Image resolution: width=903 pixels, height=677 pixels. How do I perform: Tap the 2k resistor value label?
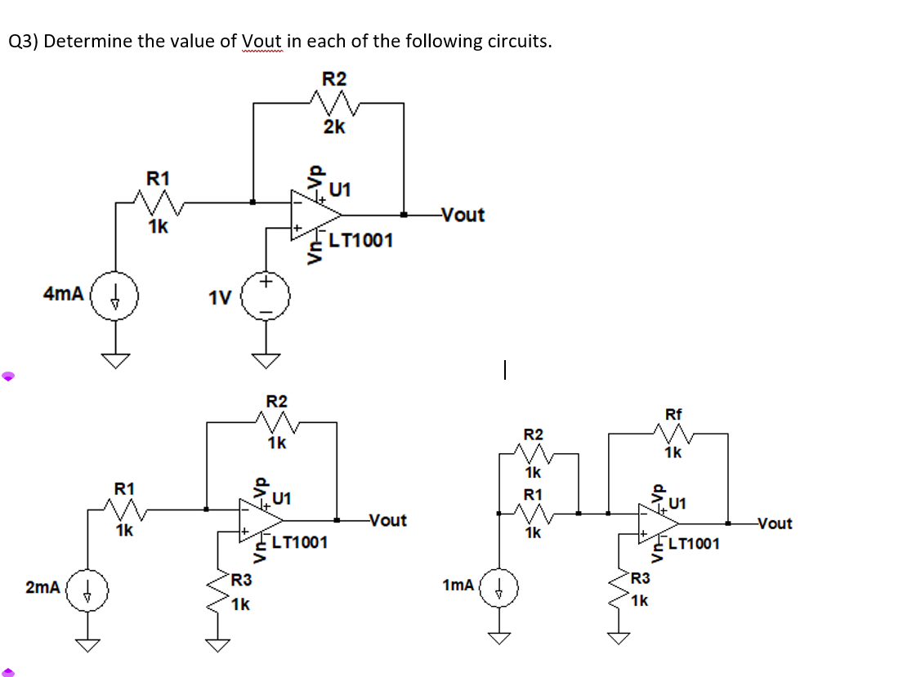coord(333,127)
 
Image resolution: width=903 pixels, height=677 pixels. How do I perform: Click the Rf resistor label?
coord(673,414)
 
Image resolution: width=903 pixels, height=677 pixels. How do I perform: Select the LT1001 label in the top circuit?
coord(360,240)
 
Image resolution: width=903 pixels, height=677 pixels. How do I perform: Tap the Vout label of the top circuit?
coord(462,215)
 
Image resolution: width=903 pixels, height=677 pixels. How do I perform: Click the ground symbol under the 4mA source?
coord(114,359)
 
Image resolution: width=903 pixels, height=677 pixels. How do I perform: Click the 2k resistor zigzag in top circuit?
coord(333,103)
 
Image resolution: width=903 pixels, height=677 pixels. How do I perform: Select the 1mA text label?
coord(458,585)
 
